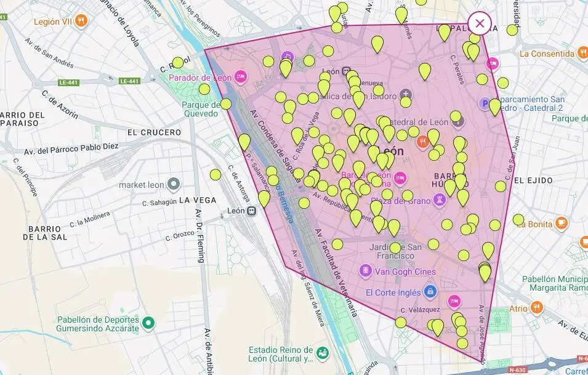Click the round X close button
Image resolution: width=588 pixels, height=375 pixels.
[480, 23]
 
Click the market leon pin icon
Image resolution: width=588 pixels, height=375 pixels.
[174, 183]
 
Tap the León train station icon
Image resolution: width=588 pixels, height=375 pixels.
[251, 211]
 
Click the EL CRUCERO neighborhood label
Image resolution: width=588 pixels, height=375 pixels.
[154, 132]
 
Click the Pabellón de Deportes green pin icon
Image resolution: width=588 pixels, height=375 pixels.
[148, 322]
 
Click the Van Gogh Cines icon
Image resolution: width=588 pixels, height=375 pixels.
[366, 271]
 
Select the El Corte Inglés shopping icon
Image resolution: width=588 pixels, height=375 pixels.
[430, 291]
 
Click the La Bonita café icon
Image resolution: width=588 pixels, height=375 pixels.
[561, 224]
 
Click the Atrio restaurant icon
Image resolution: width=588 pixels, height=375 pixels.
[537, 307]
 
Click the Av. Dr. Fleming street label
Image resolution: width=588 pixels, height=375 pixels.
[200, 236]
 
